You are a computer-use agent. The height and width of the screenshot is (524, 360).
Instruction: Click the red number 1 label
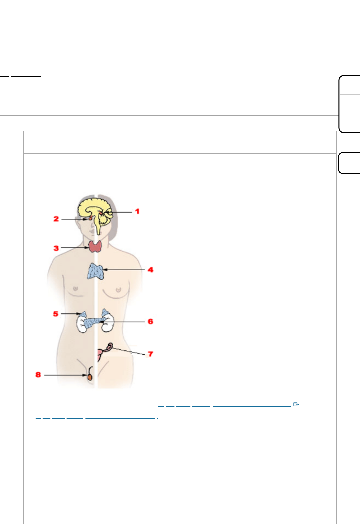pos(137,211)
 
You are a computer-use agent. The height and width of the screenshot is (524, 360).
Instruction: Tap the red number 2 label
pos(56,219)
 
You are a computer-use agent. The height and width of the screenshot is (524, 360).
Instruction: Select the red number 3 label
pos(56,248)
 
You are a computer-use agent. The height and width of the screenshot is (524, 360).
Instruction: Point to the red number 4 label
pos(150,270)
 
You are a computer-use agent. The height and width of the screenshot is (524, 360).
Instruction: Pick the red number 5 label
pos(56,314)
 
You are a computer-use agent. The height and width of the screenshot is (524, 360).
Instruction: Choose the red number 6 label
pos(150,321)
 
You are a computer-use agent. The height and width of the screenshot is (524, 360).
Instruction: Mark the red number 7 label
pos(150,354)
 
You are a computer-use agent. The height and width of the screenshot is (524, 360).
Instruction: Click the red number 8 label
pos(38,375)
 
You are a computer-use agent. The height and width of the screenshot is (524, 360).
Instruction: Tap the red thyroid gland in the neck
pos(95,246)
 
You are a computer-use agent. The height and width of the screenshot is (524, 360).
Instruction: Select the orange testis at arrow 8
pos(90,377)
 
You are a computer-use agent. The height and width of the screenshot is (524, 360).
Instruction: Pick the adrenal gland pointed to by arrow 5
pos(83,314)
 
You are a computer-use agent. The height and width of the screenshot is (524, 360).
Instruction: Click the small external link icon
pos(296,404)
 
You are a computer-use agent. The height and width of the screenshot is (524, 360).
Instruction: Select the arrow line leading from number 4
pos(124,270)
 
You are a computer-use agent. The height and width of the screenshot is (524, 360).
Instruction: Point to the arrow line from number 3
pos(75,248)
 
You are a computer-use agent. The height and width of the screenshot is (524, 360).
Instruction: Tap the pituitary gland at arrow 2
pos(90,219)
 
